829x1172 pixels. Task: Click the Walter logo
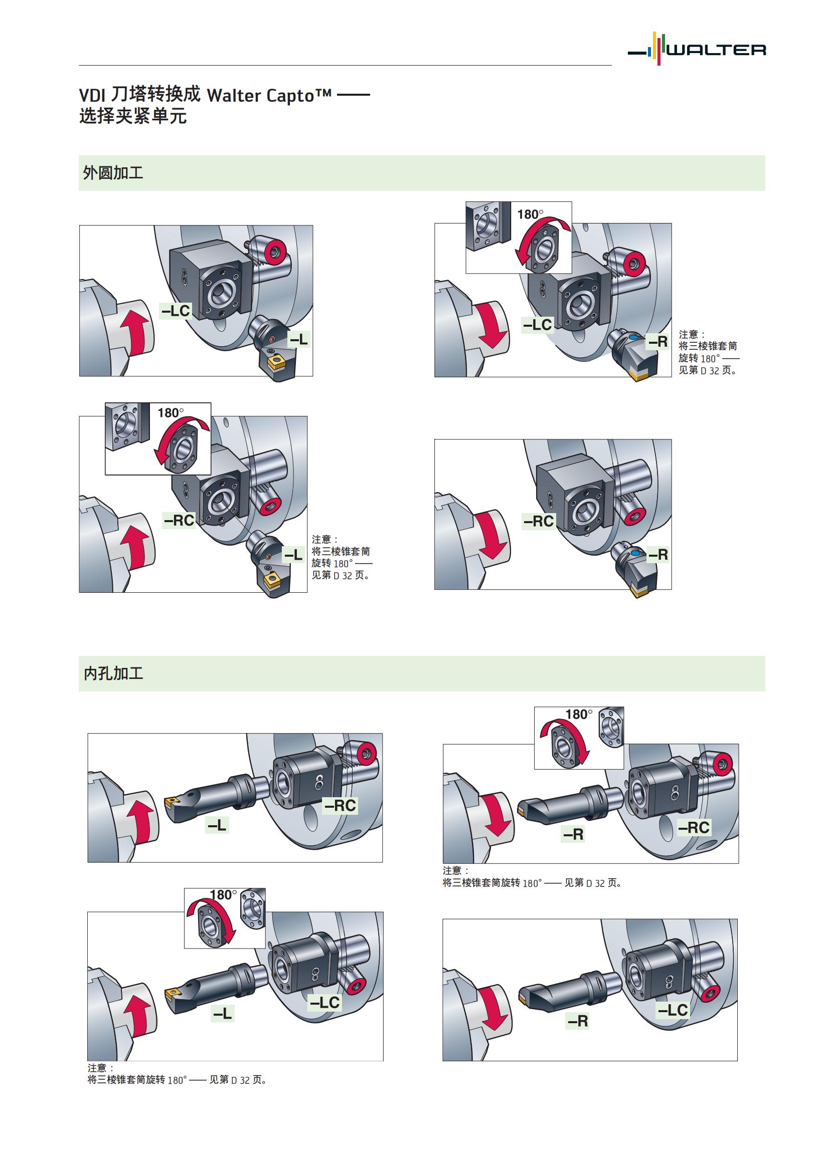(x=698, y=49)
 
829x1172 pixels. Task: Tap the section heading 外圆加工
(x=113, y=173)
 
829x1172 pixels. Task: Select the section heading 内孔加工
(x=113, y=673)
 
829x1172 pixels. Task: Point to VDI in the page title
(x=92, y=96)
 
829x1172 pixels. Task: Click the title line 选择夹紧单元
(x=133, y=117)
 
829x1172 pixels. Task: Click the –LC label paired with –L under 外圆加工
(x=176, y=311)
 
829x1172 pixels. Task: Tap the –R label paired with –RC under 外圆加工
(x=658, y=554)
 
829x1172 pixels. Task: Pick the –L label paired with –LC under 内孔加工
(x=223, y=1013)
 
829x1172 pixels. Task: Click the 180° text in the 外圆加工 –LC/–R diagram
(x=530, y=214)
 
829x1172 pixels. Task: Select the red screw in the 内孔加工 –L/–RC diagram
(x=366, y=753)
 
